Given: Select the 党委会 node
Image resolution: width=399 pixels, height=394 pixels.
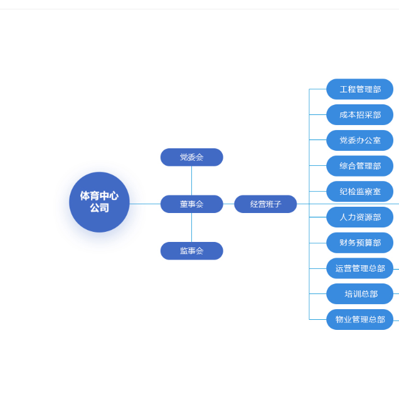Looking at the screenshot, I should pos(191,157).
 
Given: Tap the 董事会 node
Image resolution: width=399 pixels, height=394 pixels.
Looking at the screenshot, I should pos(191,204).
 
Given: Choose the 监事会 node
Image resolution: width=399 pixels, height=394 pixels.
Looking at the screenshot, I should pos(191,251).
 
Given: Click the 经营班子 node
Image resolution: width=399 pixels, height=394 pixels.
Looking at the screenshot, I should pos(265,204).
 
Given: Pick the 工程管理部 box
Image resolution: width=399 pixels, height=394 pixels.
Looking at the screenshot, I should pos(359,89).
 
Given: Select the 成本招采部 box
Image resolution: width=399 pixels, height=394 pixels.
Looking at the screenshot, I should pos(359,115).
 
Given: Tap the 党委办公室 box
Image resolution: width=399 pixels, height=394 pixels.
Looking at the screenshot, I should pos(359,140).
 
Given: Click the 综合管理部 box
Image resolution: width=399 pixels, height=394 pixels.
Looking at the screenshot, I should pos(359,166).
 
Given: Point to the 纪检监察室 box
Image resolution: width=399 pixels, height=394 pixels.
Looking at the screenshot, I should pos(359,192).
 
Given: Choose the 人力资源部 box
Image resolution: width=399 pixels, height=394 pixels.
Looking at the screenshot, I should pos(359,217).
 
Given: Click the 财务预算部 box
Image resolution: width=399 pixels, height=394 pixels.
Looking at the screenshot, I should pos(359,243).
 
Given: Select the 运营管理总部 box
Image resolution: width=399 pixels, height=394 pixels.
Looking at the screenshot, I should pos(359,268).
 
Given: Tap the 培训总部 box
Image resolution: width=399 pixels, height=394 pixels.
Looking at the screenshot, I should pos(359,294).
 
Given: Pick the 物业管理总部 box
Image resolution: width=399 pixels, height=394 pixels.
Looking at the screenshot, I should pos(359,319).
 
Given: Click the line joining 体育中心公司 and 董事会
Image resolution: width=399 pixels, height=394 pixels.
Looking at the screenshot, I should pos(145,204).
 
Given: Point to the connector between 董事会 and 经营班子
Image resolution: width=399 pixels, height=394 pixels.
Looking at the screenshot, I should pos(228,204).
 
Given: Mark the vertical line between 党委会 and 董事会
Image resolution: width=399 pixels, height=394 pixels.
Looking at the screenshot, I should pos(191,180).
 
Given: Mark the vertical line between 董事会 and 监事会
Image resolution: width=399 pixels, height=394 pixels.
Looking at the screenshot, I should pos(191,227).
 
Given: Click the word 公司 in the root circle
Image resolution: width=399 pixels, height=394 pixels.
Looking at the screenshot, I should pos(99,208).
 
